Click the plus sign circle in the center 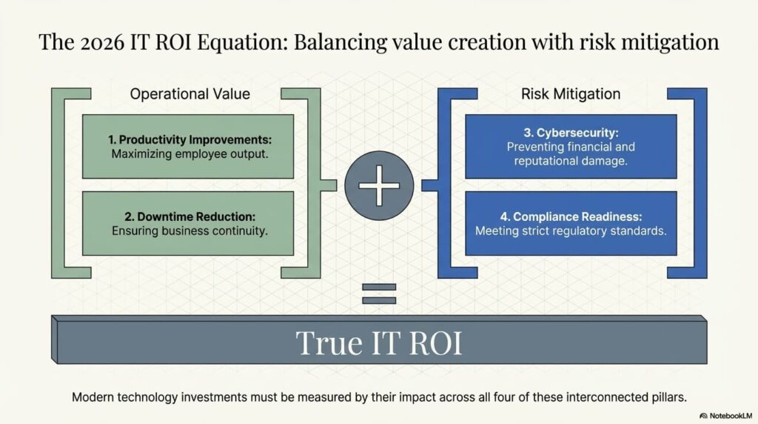(x=379, y=185)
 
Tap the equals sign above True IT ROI (x=379, y=294)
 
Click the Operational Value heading (x=189, y=94)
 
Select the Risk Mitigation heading (x=571, y=94)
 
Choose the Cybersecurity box (x=571, y=146)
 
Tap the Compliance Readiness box (x=571, y=223)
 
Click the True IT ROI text (x=379, y=342)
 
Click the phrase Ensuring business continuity (x=189, y=231)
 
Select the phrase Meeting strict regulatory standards (x=571, y=231)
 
